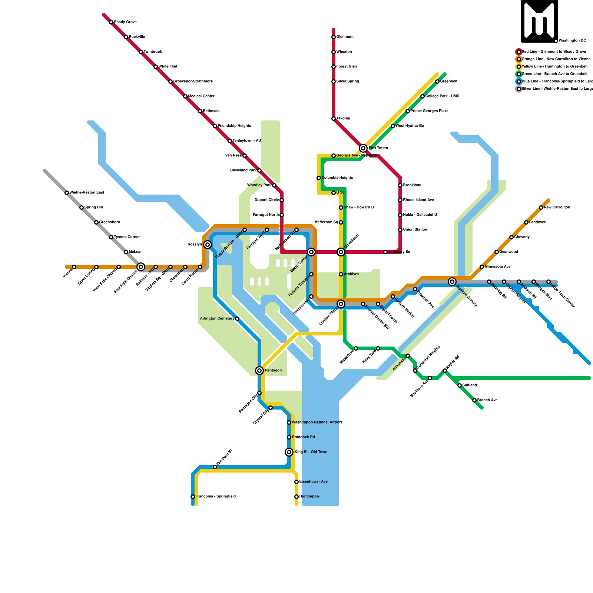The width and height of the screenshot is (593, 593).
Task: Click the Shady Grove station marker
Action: tap(111, 22)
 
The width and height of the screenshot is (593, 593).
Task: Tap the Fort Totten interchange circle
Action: tap(363, 148)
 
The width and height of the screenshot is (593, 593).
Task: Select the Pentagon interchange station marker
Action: tap(259, 371)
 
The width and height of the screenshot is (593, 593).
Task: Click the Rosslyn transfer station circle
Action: tap(208, 245)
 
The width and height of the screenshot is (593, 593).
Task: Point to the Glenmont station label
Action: tap(345, 37)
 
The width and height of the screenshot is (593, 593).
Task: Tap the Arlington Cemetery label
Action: tap(217, 319)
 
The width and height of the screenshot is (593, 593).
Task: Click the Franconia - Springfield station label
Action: tap(215, 497)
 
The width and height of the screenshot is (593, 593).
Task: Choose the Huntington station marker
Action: tap(296, 497)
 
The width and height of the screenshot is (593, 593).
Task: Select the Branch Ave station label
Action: tap(487, 400)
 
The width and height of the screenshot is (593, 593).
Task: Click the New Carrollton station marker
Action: tap(541, 208)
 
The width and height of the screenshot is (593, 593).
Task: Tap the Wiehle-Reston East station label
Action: tap(87, 193)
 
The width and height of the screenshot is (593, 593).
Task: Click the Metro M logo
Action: tap(539, 21)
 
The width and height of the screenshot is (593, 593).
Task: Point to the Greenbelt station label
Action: tap(448, 82)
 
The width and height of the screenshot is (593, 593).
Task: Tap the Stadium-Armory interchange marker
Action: tap(452, 282)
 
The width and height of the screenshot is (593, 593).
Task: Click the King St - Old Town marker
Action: tap(289, 452)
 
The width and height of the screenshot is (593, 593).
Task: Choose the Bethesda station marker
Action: tap(200, 111)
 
